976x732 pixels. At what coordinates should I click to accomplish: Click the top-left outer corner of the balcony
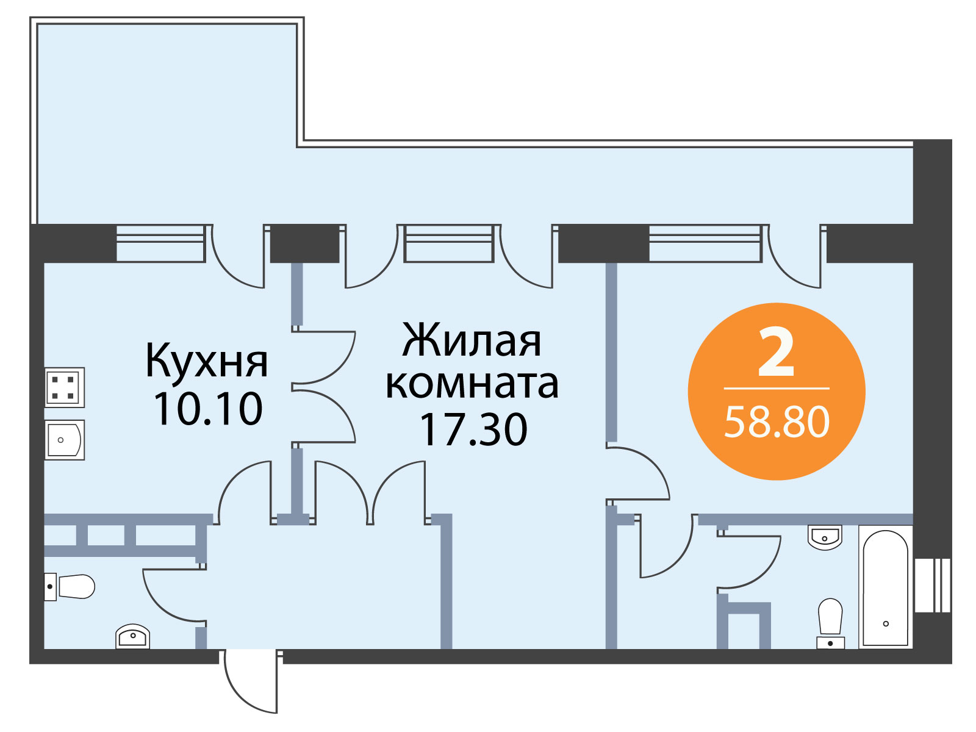[30, 17]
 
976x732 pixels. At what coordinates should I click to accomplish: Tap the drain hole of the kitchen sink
[60, 440]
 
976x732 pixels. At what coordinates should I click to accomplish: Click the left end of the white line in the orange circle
[724, 389]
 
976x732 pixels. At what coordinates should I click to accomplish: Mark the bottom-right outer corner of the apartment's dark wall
[952, 664]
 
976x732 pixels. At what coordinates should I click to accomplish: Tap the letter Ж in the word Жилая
[418, 341]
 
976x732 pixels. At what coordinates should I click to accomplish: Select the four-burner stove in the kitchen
[65, 387]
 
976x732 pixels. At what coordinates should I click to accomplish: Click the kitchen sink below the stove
[65, 440]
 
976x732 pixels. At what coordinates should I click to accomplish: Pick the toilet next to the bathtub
[830, 623]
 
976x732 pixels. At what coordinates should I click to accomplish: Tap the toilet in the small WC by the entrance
[70, 587]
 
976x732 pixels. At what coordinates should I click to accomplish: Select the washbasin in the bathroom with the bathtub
[824, 538]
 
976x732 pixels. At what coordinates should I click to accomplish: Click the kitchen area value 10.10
[207, 409]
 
